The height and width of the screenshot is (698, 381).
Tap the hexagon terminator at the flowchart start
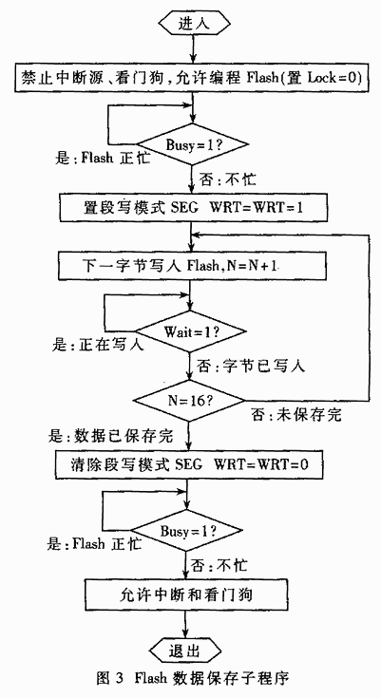click(x=194, y=23)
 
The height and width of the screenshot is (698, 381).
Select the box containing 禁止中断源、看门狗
click(x=192, y=78)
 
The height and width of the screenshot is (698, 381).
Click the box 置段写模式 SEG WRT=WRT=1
click(x=193, y=208)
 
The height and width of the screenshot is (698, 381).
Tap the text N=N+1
click(x=251, y=267)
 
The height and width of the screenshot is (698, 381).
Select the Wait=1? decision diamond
click(x=191, y=331)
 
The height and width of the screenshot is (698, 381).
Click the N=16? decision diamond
click(x=190, y=399)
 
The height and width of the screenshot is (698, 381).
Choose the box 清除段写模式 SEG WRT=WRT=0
click(x=189, y=463)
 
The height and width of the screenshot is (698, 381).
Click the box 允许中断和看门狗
click(x=185, y=594)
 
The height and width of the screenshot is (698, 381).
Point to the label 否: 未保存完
click(x=295, y=415)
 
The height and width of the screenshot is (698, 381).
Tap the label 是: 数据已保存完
click(x=110, y=436)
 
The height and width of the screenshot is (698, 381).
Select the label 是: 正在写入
click(x=98, y=344)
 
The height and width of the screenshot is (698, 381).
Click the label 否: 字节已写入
click(x=251, y=367)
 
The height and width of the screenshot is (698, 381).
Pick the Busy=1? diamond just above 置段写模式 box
click(x=192, y=144)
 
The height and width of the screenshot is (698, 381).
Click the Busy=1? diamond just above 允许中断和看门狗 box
click(x=187, y=531)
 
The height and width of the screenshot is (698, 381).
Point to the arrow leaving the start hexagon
click(x=194, y=50)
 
